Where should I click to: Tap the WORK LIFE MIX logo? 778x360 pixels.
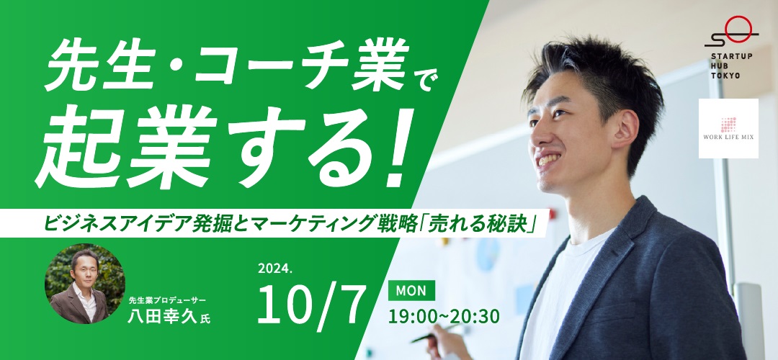click(728, 128)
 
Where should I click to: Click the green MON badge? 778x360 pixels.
click(411, 291)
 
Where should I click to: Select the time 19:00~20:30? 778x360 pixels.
click(444, 316)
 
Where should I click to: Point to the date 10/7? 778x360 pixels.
click(312, 303)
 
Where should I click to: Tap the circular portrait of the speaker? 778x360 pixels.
click(85, 284)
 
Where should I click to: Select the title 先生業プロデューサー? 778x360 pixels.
click(166, 300)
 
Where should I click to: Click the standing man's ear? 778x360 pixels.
click(625, 130)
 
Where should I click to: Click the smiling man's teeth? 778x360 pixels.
click(549, 159)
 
